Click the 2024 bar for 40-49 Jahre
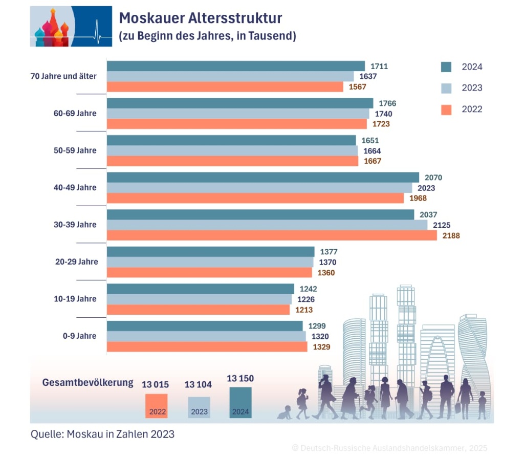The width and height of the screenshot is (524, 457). click(263, 178)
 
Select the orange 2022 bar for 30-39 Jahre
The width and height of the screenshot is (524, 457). click(272, 235)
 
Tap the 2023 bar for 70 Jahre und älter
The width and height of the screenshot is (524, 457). click(230, 76)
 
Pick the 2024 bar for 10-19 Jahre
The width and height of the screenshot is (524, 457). click(200, 289)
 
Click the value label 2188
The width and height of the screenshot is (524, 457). click(450, 236)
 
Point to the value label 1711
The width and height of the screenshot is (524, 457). click(379, 66)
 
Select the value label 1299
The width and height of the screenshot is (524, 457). click(317, 326)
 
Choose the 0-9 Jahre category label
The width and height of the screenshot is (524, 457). click(79, 336)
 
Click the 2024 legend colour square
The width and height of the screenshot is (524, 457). click(446, 67)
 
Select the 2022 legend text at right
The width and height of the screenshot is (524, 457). click(472, 109)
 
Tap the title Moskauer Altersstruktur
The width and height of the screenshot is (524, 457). click(200, 19)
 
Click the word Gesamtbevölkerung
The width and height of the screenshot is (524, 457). click(88, 382)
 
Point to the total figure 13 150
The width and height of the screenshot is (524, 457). click(240, 379)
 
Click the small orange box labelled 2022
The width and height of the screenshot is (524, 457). click(156, 406)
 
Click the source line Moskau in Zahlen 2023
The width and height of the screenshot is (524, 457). click(102, 434)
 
